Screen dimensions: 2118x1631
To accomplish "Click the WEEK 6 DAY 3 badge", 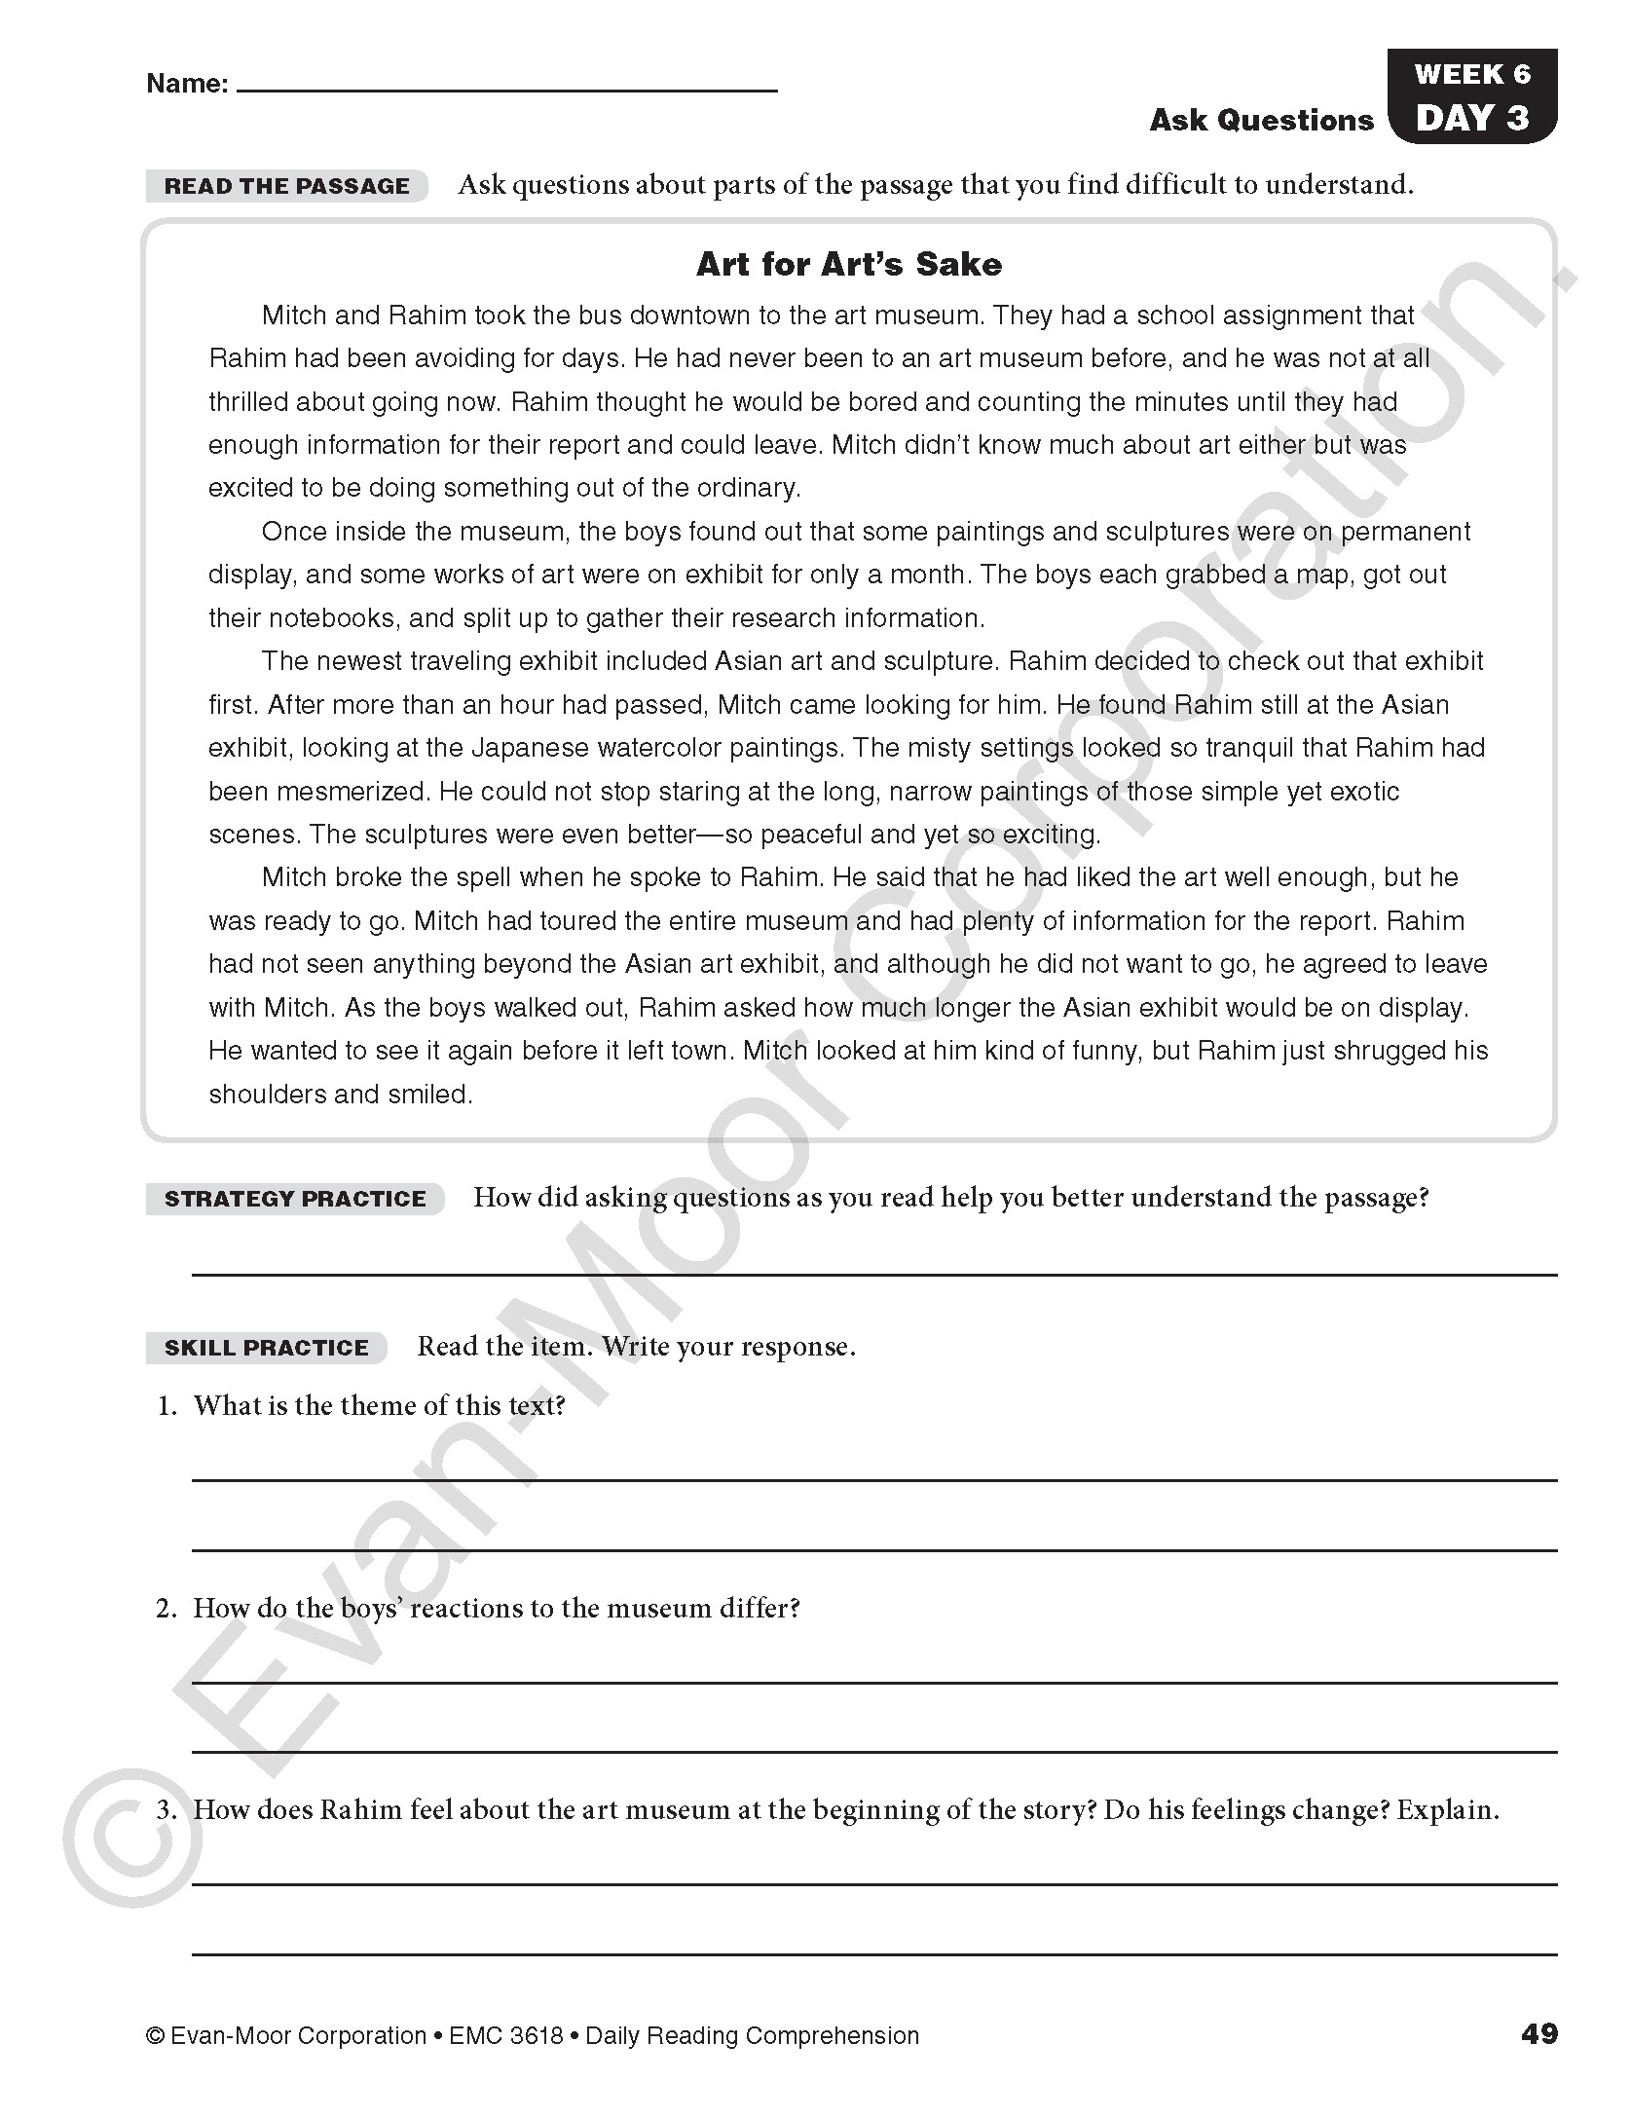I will coord(1471,96).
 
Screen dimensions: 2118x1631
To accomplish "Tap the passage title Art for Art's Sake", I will coord(848,264).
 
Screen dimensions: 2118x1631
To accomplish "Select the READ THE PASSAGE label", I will coord(286,186).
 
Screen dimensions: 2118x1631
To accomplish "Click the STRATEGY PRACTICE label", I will coord(295,1199).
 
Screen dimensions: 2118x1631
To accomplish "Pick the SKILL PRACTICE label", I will coord(267,1348).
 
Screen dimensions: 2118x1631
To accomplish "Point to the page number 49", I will coord(1538,2034).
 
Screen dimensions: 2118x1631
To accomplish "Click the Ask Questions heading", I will coord(1261,120).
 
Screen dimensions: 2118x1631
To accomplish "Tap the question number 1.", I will coord(167,1405).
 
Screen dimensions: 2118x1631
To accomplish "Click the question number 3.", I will coord(167,1810).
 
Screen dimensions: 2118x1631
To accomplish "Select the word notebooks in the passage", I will coord(331,618).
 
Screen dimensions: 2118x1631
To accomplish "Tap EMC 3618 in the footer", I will coord(506,2035).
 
